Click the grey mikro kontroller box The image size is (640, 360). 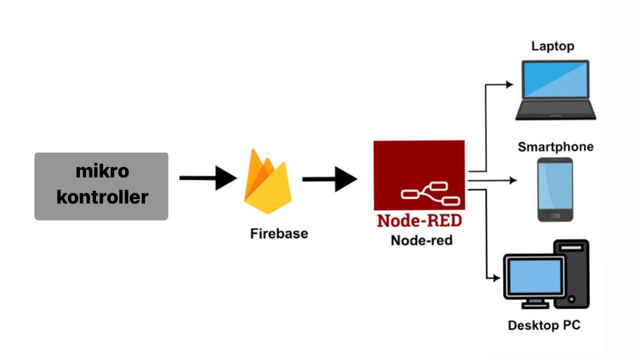(101, 186)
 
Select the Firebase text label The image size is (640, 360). (279, 233)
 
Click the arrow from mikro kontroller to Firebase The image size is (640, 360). (207, 178)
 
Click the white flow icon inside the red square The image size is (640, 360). (430, 193)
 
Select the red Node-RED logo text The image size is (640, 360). (419, 220)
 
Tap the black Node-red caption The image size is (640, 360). (421, 240)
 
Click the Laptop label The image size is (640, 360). (552, 46)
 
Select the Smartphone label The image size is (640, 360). (555, 147)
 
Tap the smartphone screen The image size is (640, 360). (555, 185)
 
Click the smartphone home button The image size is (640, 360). (555, 216)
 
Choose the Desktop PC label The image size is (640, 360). (544, 325)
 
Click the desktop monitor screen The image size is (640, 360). (534, 276)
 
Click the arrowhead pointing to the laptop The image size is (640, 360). (509, 84)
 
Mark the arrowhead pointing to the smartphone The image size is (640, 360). (513, 180)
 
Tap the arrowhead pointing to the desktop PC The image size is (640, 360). (496, 278)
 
